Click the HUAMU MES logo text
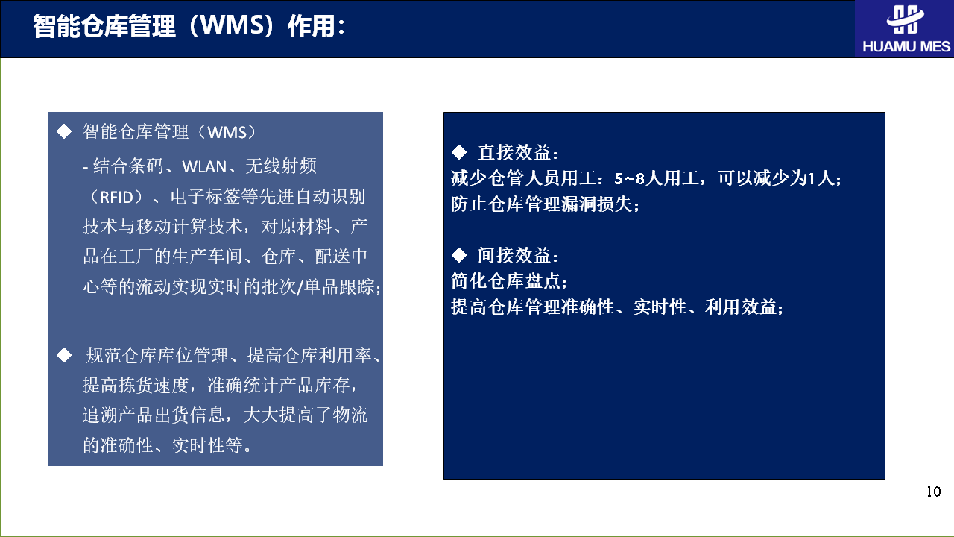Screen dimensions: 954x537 coord(906,46)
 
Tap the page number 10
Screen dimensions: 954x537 coord(934,492)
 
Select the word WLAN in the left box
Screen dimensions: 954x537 coord(204,166)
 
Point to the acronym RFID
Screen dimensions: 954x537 coord(117,198)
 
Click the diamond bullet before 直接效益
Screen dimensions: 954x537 coord(459,152)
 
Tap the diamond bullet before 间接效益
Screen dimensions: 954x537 coord(459,255)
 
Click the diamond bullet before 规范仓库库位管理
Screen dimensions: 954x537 coord(64,355)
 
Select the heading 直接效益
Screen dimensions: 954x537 coord(514,153)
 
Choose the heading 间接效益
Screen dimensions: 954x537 coord(514,255)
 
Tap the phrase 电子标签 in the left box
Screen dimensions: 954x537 coord(205,197)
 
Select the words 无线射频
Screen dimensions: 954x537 coord(281,166)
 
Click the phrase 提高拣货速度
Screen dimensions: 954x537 coord(136,385)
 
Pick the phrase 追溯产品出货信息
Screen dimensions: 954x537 coord(154,415)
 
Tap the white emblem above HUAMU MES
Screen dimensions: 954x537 coord(905,19)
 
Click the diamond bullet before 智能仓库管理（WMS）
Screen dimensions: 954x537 coord(64,131)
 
